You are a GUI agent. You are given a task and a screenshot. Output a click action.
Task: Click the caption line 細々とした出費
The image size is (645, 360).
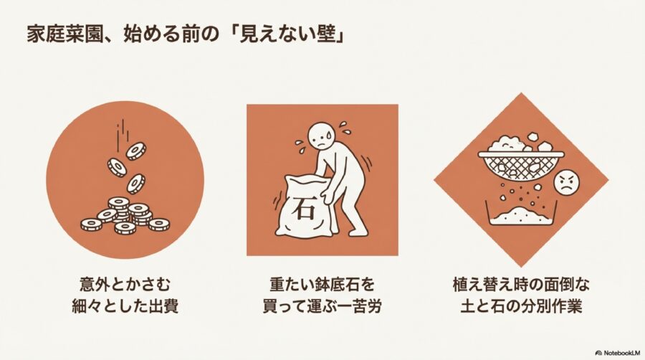(124, 306)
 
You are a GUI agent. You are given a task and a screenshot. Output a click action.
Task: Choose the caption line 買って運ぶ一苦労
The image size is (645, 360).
(322, 306)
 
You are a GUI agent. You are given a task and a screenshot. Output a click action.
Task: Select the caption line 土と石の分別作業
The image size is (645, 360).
(520, 306)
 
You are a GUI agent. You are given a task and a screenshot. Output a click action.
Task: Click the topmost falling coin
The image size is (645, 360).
(135, 151)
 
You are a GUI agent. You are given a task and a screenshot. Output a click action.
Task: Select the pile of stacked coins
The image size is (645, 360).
(124, 216)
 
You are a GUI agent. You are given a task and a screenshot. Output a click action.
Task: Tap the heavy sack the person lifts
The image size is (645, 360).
(305, 208)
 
